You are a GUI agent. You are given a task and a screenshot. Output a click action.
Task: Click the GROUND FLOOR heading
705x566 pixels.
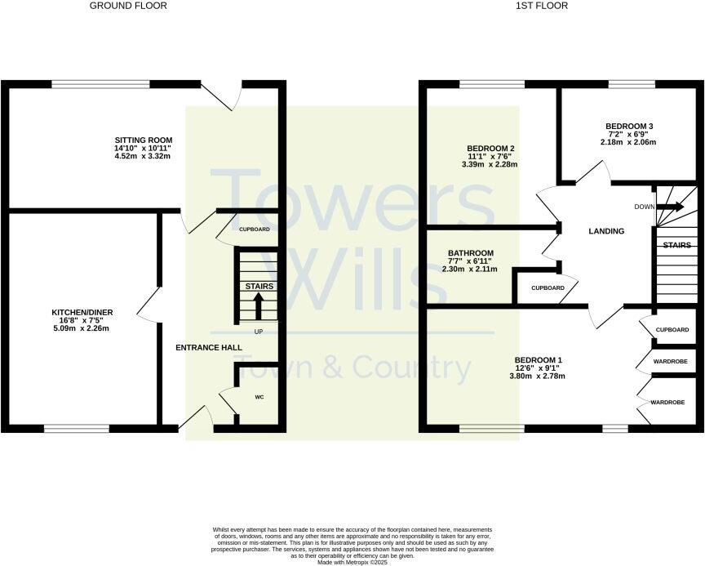[128, 6]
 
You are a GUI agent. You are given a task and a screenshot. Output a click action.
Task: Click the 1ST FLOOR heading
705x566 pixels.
[542, 6]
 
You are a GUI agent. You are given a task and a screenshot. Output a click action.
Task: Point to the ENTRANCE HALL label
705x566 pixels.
[209, 348]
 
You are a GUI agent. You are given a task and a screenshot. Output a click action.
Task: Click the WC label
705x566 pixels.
[259, 397]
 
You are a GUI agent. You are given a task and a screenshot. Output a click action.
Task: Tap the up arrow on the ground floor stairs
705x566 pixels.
[259, 305]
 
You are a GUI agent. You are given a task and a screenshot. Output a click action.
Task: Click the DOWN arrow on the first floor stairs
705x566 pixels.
[672, 207]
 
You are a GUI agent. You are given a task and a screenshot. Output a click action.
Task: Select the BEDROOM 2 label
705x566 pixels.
[490, 149]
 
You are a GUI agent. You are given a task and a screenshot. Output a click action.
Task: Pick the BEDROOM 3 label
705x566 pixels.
[629, 126]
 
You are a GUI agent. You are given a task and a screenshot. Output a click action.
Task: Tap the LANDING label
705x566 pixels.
[606, 231]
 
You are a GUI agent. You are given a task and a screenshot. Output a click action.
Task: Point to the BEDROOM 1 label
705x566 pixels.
[539, 359]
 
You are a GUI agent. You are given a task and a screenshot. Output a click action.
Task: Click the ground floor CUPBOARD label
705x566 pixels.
[255, 230]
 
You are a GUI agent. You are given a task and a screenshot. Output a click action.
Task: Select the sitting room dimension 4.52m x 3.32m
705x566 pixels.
[143, 156]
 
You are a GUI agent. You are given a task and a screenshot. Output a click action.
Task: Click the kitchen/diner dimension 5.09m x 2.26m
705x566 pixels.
[80, 328]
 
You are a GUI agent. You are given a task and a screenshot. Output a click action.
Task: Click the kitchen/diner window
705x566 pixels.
[76, 427]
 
